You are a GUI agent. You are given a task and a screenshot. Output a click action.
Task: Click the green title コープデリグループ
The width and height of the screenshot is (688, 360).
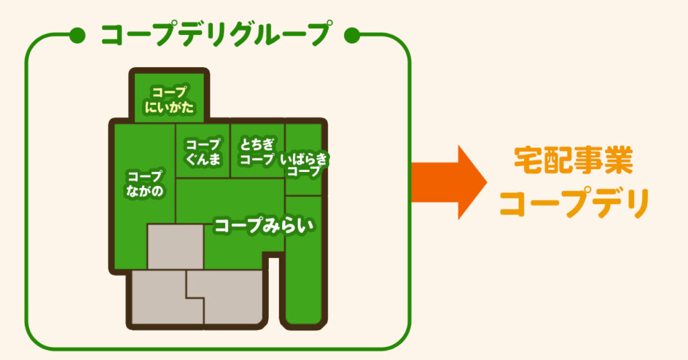tap(215, 34)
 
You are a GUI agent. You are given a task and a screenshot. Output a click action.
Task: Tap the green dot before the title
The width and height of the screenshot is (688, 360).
tap(77, 36)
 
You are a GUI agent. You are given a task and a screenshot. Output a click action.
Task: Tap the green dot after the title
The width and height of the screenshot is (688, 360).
tap(352, 36)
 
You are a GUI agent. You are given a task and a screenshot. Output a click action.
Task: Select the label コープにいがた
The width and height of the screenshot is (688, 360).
tap(169, 100)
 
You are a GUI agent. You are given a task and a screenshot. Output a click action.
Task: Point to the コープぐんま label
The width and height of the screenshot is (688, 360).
tap(203, 152)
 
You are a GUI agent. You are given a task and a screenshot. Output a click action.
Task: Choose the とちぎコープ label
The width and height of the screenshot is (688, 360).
tap(257, 152)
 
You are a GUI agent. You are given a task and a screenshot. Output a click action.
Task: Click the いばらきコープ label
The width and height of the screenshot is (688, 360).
tap(304, 165)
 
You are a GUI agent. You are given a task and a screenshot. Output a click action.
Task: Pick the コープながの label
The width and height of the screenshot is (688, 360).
tap(145, 183)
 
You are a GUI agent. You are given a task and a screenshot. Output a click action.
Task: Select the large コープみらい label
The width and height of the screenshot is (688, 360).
tap(264, 225)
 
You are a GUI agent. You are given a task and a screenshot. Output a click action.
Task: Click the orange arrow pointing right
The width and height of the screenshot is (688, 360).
tap(448, 183)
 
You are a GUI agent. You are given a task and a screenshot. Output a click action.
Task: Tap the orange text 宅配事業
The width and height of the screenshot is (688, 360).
tap(573, 161)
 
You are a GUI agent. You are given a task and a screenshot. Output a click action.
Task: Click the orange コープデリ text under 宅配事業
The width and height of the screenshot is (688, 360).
tap(574, 204)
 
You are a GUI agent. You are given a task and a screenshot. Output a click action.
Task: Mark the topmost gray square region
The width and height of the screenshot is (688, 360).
tap(175, 246)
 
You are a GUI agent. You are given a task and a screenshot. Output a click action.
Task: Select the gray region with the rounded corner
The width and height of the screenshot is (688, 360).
tap(232, 298)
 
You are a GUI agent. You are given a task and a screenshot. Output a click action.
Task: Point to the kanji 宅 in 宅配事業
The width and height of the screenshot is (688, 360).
tap(528, 161)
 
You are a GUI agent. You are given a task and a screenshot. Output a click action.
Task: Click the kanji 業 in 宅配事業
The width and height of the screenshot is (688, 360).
tap(619, 161)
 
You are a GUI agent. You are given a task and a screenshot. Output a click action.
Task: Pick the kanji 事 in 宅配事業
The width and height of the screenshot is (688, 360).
tap(589, 161)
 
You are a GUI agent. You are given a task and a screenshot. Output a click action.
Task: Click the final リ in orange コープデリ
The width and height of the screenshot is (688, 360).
tap(637, 204)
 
